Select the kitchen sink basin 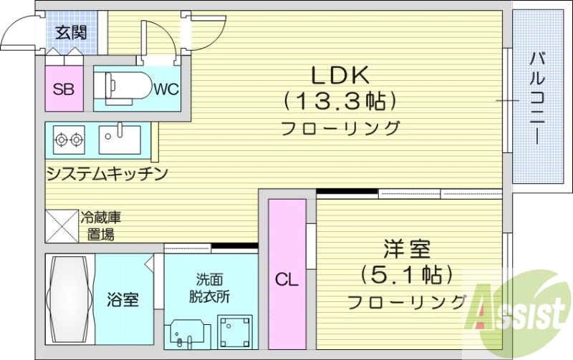pyautogui.click(x=120, y=139)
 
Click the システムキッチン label pyautogui.click(x=107, y=173)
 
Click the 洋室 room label pyautogui.click(x=405, y=250)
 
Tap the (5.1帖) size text pyautogui.click(x=406, y=275)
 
